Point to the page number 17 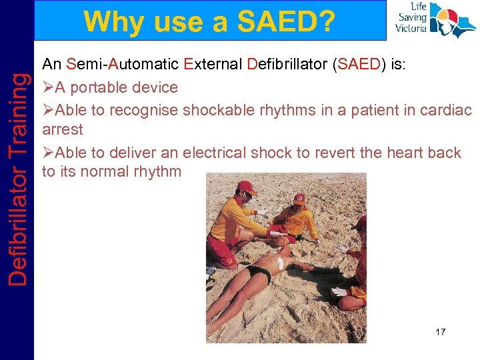click(440, 332)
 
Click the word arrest click(62, 130)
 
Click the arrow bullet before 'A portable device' click(47, 87)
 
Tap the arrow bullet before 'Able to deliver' click(47, 153)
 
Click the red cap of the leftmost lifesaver click(247, 187)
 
